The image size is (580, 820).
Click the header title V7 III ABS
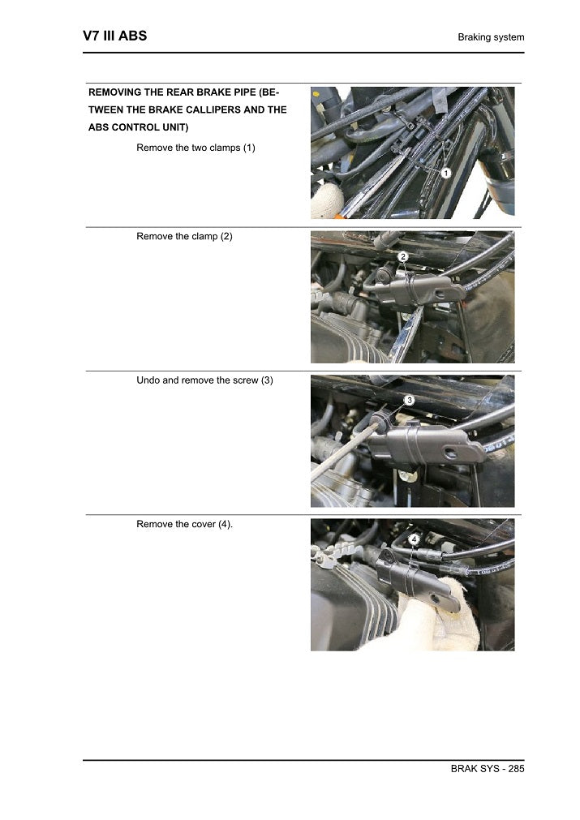tap(114, 36)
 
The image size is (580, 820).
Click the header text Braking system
tap(491, 37)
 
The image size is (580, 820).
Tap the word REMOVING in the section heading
tap(118, 92)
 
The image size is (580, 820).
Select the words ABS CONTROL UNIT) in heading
tap(139, 127)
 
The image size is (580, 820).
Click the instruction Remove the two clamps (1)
tap(195, 148)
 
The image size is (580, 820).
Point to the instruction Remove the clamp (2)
tap(184, 236)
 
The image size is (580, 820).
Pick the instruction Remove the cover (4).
tap(184, 524)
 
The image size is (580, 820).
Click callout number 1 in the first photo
tap(446, 173)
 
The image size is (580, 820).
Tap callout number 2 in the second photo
tap(403, 256)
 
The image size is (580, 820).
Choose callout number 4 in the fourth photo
tap(414, 539)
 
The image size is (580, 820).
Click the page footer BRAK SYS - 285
tap(488, 768)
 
